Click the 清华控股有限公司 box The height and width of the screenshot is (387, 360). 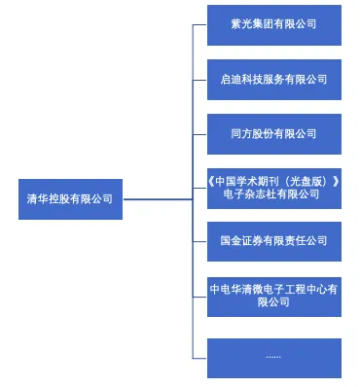(69, 199)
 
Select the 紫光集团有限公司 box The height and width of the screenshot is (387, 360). (273, 24)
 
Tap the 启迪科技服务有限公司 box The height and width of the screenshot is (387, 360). (273, 79)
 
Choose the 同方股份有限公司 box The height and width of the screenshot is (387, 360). (273, 133)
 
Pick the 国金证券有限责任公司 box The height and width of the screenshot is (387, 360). (273, 240)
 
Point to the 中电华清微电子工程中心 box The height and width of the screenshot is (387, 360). (273, 295)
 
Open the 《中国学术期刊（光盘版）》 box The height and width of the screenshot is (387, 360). (273, 188)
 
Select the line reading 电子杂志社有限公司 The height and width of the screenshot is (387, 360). (273, 194)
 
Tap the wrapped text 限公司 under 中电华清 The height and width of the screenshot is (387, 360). (273, 302)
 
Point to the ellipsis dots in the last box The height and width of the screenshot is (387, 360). (273, 357)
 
